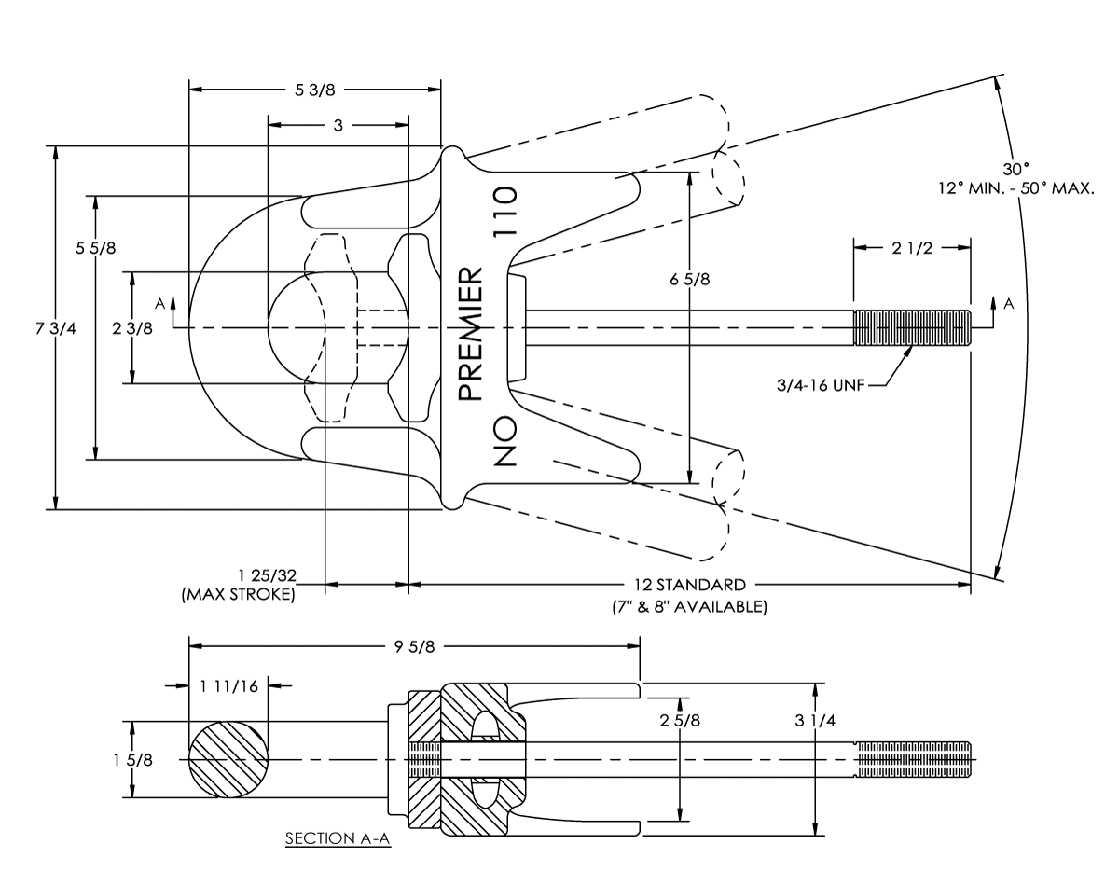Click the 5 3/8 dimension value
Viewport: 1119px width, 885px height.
click(314, 90)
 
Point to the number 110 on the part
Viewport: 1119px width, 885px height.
click(505, 212)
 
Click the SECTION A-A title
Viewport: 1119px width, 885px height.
click(338, 839)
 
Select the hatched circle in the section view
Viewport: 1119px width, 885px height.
click(228, 759)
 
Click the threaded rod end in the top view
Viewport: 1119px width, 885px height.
click(912, 327)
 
